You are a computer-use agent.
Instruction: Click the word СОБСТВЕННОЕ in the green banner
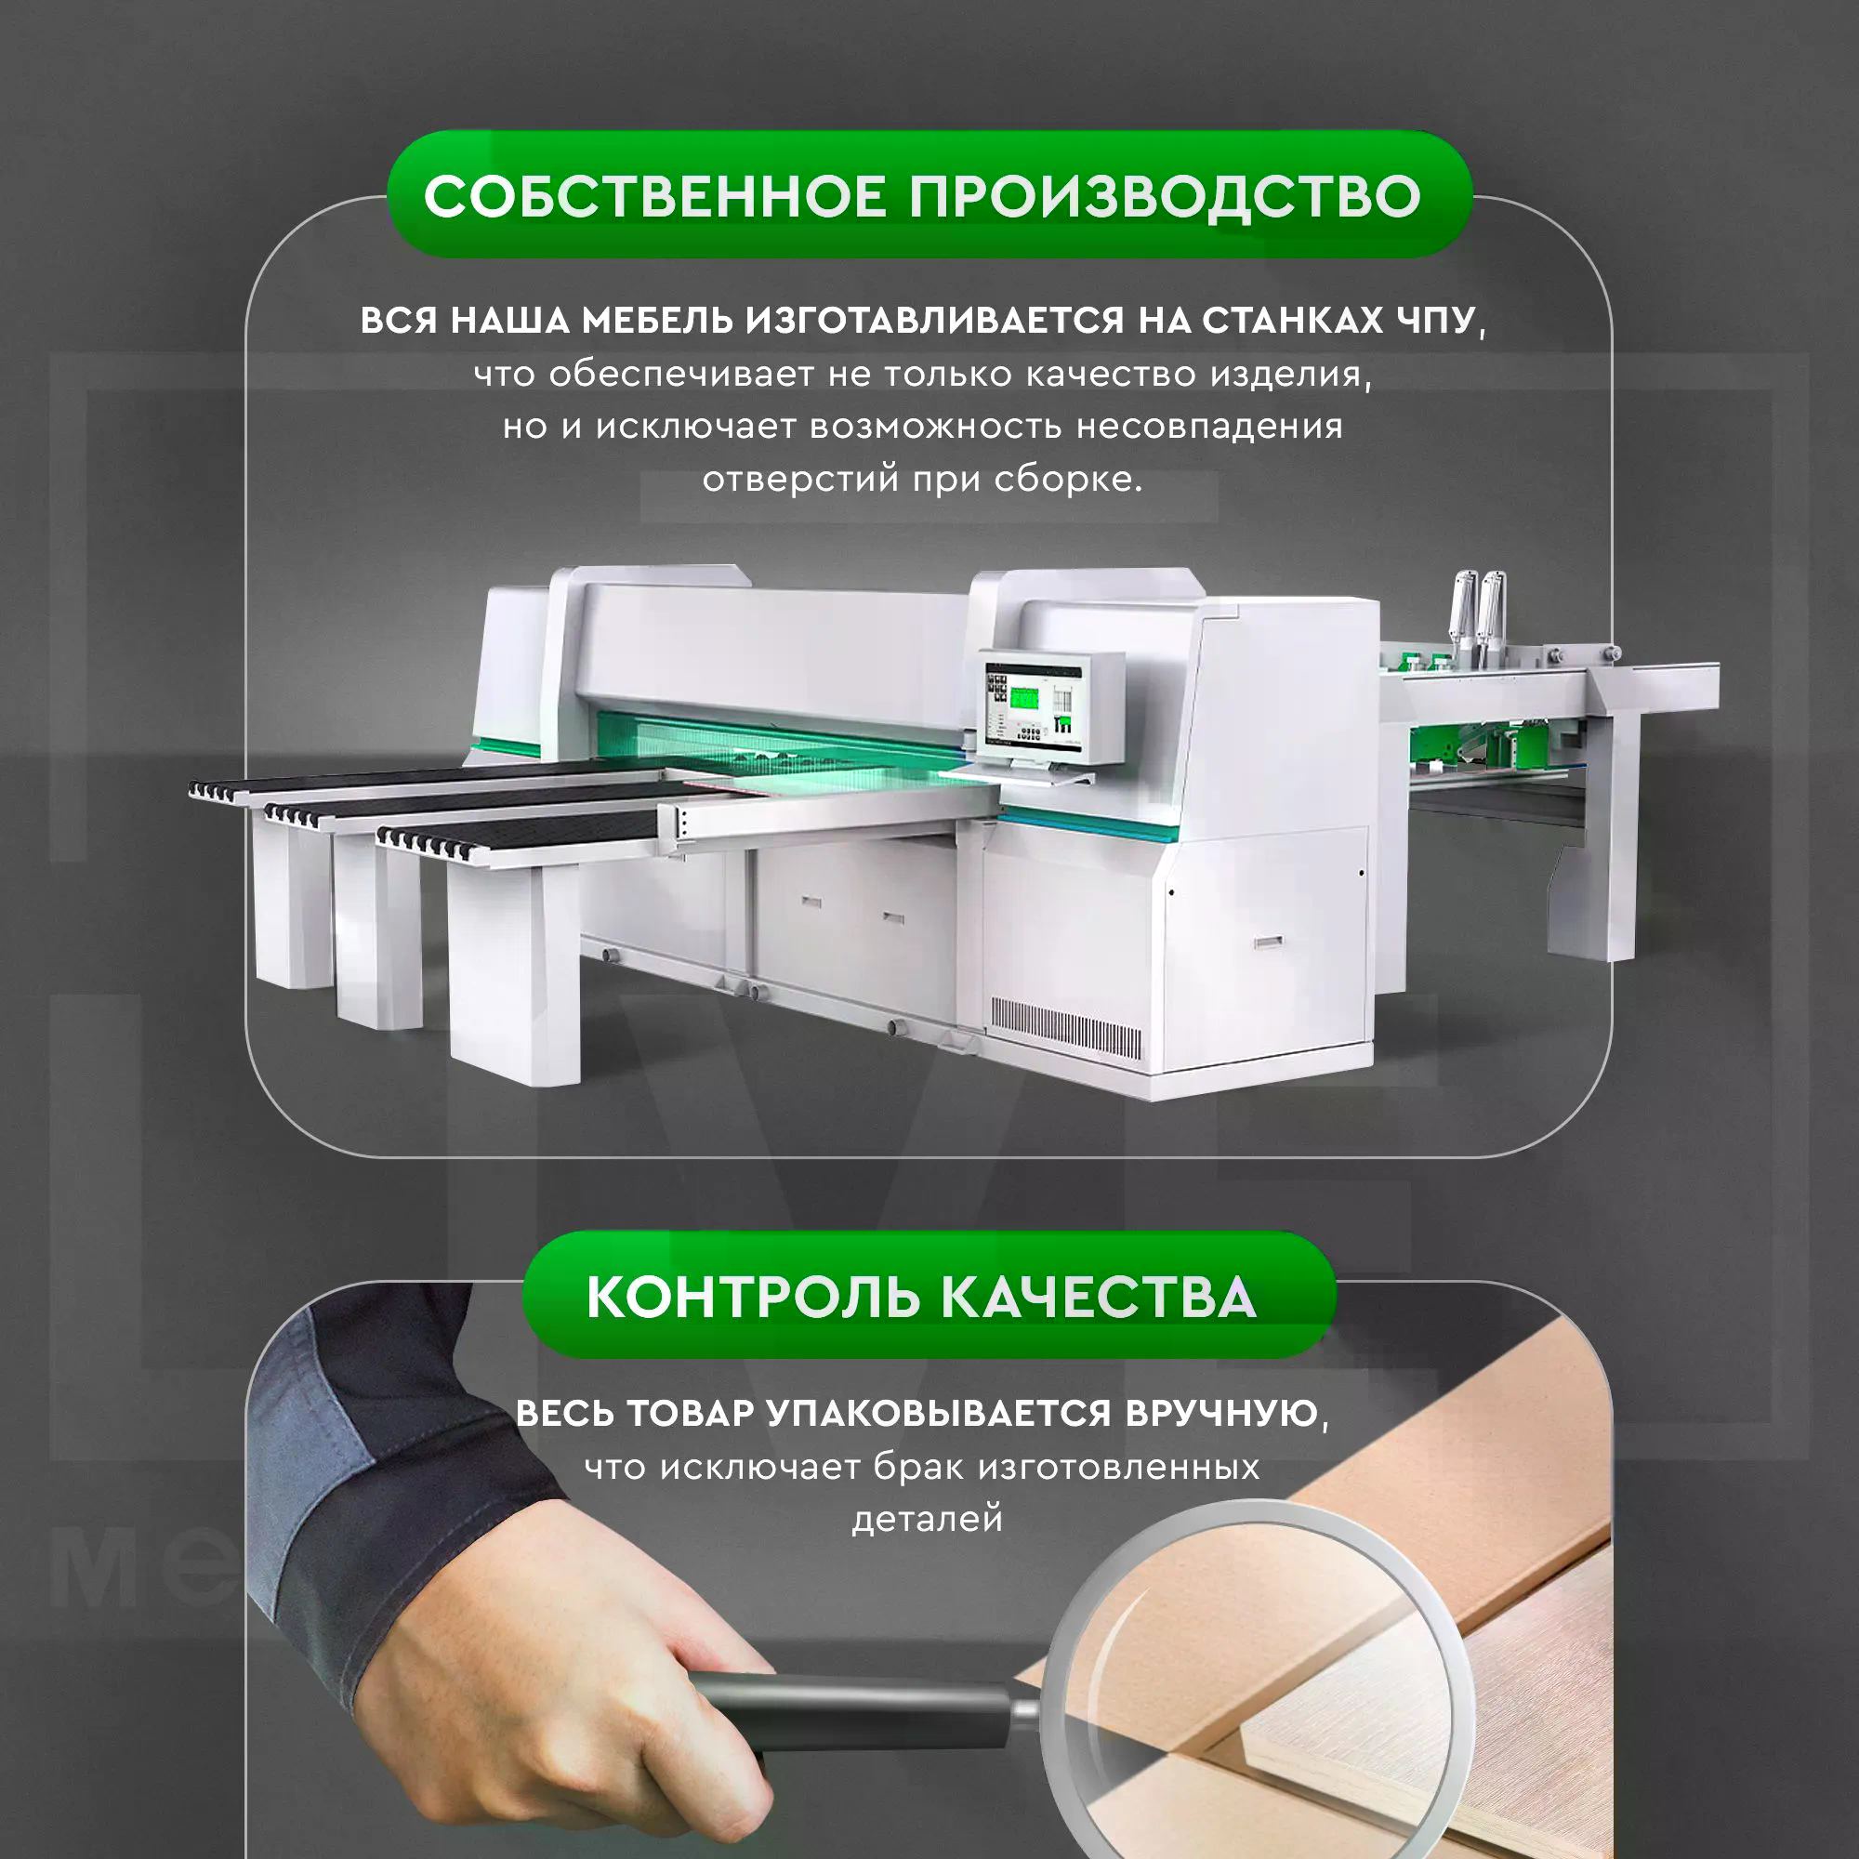point(654,196)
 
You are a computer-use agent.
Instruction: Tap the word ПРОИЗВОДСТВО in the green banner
point(1165,196)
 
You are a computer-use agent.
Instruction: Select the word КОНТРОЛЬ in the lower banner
point(751,1297)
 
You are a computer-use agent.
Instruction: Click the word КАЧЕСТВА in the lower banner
point(1098,1297)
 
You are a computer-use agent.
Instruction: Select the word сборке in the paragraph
point(1068,478)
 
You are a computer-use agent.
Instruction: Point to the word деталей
point(928,1520)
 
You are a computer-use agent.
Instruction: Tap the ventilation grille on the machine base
point(1067,1029)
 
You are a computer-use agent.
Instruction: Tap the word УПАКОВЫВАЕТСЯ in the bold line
point(939,1413)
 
